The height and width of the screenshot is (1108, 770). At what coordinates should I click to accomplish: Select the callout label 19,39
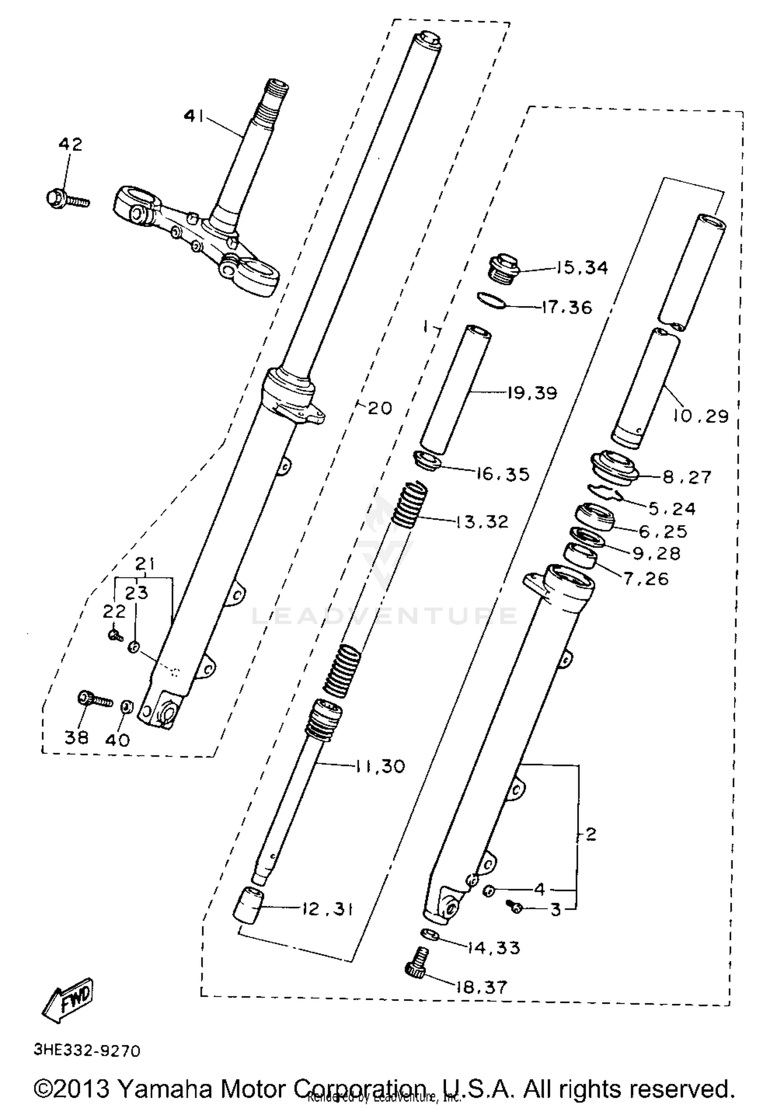[532, 393]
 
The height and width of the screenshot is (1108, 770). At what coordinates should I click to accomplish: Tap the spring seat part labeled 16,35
[428, 460]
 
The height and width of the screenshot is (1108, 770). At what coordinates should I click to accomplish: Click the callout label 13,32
[482, 522]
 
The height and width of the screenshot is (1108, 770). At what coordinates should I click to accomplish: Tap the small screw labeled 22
[115, 636]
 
